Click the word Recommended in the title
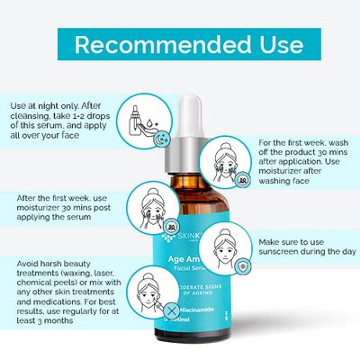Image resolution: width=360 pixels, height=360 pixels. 153,44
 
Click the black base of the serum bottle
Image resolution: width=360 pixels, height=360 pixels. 193,347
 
